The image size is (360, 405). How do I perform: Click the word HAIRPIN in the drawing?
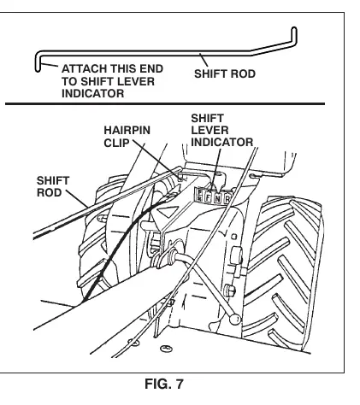pos(127,130)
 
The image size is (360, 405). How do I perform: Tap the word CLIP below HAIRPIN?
pos(116,143)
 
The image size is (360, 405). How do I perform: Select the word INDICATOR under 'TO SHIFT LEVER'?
pos(92,93)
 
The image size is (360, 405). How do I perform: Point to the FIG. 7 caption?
pos(164,384)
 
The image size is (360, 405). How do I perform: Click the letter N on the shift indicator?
pos(217,198)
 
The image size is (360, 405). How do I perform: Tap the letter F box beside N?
pos(208,197)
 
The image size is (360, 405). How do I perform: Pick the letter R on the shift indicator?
pos(227,199)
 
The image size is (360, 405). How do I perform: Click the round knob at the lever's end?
pos(235,319)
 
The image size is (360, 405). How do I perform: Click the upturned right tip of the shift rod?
pos(294,29)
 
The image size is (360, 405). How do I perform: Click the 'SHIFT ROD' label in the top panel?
pos(225,73)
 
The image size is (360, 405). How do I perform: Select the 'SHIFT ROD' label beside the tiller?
pos(53,186)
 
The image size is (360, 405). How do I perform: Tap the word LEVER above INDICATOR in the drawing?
pos(210,130)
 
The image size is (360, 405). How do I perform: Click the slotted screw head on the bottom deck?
pos(166,348)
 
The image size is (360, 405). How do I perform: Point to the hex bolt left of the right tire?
pos(230,290)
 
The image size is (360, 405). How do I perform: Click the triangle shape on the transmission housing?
pos(166,212)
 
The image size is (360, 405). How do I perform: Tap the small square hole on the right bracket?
pos(233,236)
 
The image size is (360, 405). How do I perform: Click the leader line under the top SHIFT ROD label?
pos(204,60)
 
